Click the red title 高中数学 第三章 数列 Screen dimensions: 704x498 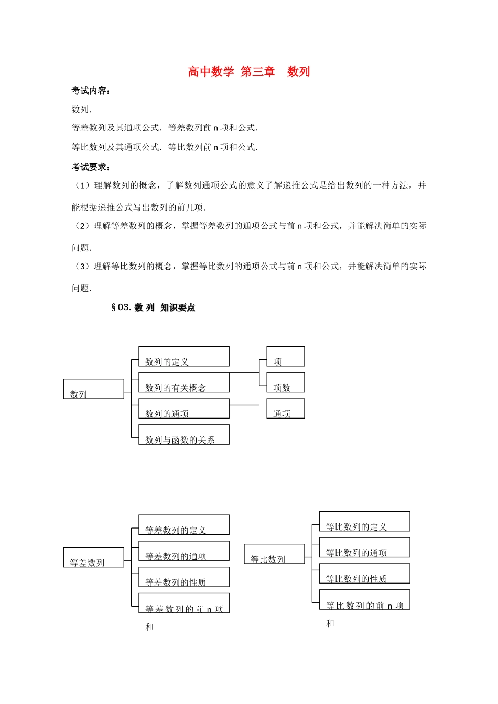(x=249, y=72)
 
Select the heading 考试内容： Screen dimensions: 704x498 (x=91, y=91)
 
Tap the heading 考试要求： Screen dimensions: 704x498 (x=91, y=167)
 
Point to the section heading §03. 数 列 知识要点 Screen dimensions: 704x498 (x=153, y=307)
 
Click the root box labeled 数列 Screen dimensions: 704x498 (x=94, y=389)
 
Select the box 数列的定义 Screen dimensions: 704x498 (x=183, y=356)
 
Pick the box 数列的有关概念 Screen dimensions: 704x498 (x=183, y=382)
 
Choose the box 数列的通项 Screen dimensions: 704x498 (x=183, y=409)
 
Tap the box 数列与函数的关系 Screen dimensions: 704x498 (x=183, y=435)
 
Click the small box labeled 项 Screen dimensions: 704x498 (x=285, y=356)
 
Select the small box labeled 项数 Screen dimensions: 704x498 (x=285, y=382)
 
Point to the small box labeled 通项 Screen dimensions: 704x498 (x=285, y=409)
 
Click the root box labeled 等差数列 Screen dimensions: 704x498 (x=94, y=557)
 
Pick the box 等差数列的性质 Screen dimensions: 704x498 (x=183, y=577)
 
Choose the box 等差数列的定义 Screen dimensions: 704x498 (x=183, y=525)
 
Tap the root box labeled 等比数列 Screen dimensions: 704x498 (x=274, y=554)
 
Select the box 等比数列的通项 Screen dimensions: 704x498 (x=364, y=547)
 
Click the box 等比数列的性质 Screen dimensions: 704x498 (x=364, y=574)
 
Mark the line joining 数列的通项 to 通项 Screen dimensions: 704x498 (x=244, y=405)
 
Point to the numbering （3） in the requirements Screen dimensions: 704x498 (x=82, y=266)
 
